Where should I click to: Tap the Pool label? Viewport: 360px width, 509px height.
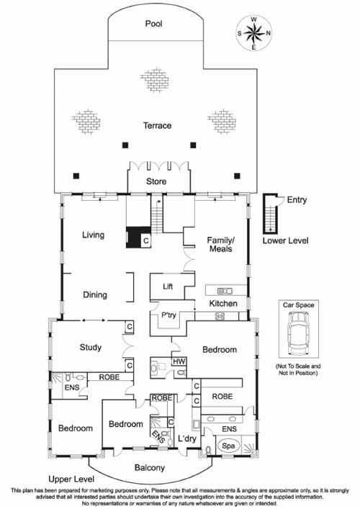153,24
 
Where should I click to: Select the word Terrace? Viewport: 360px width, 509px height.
157,126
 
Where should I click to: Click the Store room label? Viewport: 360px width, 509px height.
156,182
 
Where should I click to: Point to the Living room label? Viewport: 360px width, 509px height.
94,235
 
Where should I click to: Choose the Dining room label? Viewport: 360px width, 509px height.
94,295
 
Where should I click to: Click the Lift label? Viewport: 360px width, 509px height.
168,287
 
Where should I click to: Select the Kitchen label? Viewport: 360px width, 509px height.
223,305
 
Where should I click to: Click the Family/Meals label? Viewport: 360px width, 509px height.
221,244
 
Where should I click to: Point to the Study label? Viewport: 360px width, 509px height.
91,348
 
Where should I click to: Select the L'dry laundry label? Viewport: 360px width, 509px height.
187,439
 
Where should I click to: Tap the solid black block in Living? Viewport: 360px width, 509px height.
133,238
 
